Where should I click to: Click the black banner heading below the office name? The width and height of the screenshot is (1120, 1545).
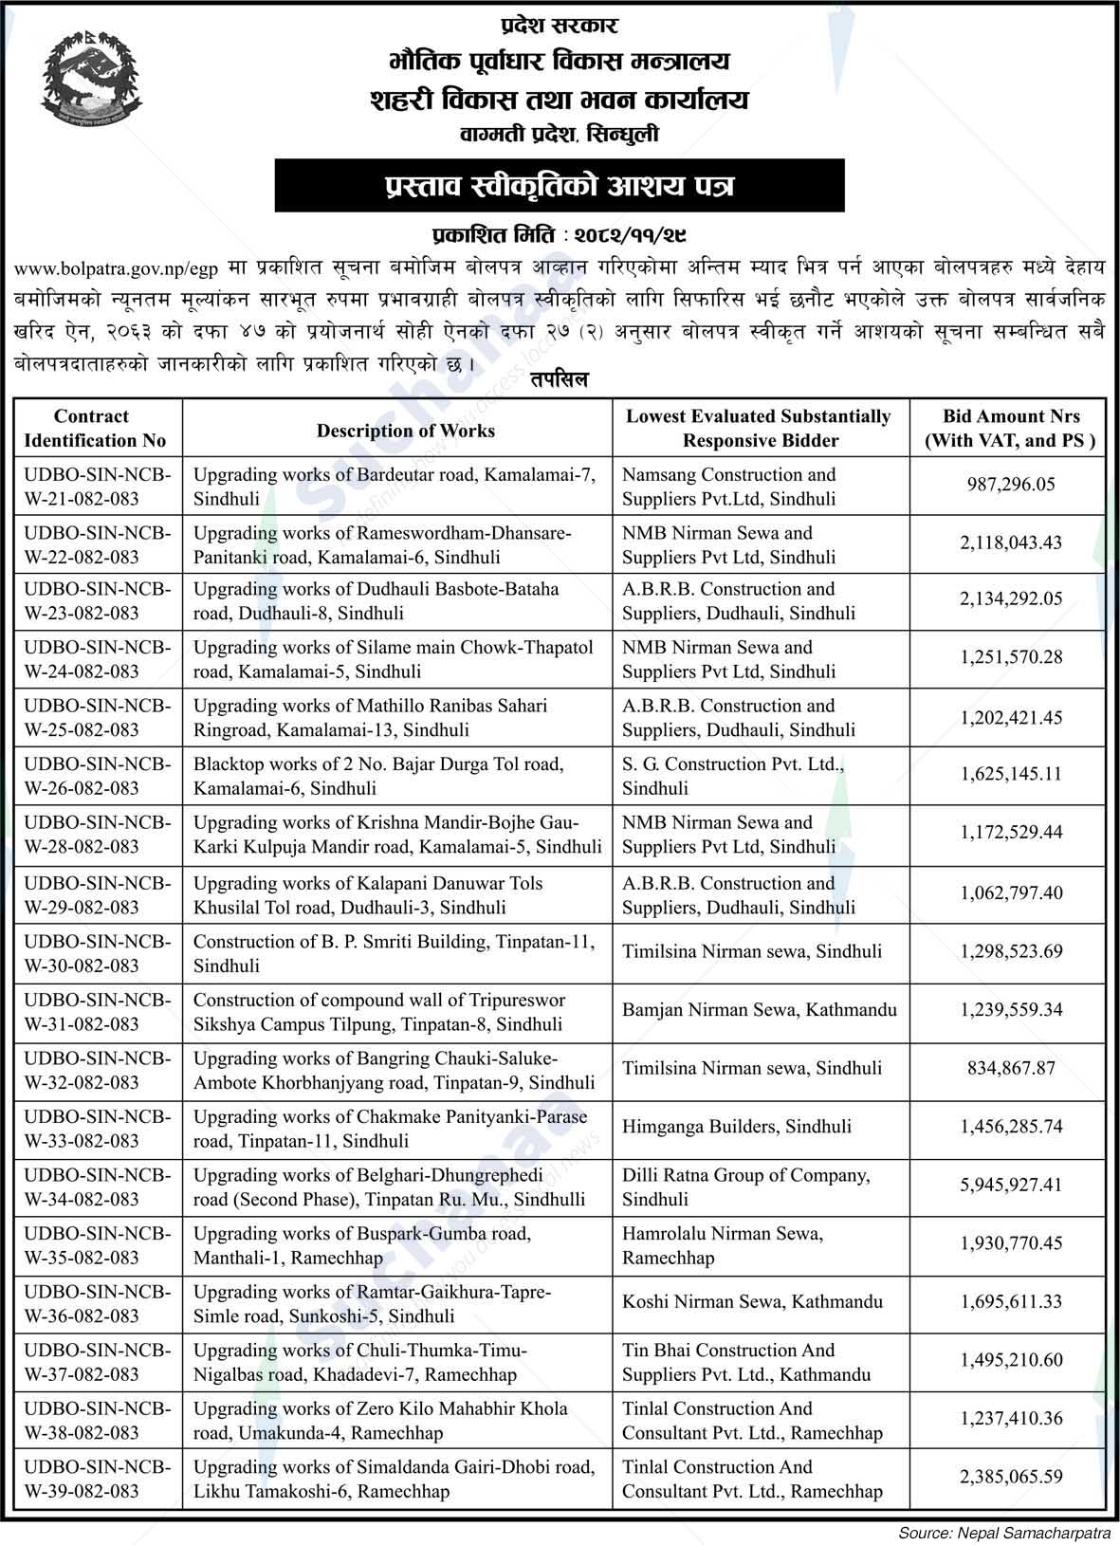(559, 186)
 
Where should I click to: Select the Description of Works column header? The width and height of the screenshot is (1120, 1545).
(405, 430)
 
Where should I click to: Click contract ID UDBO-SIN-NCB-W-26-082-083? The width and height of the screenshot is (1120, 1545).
(97, 776)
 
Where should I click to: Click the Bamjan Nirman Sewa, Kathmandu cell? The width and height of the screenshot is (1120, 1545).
(759, 1010)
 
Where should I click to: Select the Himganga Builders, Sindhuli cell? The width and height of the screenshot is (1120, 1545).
(737, 1127)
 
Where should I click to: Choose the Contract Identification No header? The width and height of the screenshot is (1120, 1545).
(95, 429)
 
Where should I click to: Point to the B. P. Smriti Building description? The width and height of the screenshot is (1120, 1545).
(394, 953)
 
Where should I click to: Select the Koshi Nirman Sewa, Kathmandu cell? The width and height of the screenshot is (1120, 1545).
(752, 1302)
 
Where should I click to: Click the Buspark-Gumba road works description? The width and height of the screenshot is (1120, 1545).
(362, 1245)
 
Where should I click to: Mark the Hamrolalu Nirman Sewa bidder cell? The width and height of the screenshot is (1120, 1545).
(723, 1245)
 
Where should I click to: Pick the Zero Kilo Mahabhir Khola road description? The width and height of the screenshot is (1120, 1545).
(380, 1420)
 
